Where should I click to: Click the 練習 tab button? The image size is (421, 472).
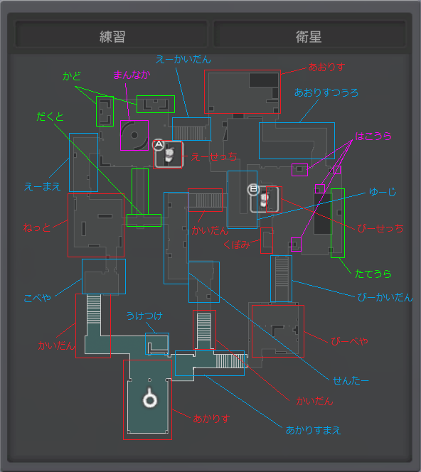click(112, 34)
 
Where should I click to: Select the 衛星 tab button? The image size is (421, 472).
click(309, 34)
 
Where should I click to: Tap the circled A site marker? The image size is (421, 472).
click(159, 145)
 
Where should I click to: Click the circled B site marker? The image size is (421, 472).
click(253, 189)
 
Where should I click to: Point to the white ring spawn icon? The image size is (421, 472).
click(149, 398)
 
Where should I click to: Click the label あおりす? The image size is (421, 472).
click(326, 67)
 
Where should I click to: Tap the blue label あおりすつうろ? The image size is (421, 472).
click(326, 92)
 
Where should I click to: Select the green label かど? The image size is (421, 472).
click(72, 76)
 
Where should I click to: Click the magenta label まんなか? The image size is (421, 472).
click(132, 75)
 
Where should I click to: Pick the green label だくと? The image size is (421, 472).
click(50, 117)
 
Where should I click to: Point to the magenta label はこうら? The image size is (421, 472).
click(373, 136)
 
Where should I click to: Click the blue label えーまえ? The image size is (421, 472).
click(43, 187)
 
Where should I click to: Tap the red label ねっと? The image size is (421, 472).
click(37, 227)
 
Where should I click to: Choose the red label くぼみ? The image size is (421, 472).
click(237, 245)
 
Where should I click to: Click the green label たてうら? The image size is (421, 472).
click(373, 274)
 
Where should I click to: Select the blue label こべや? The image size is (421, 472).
click(38, 298)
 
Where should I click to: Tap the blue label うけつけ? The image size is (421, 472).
click(144, 316)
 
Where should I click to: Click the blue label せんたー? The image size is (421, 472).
click(351, 381)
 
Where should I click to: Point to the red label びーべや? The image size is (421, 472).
click(349, 341)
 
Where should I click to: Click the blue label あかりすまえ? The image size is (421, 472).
click(313, 430)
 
